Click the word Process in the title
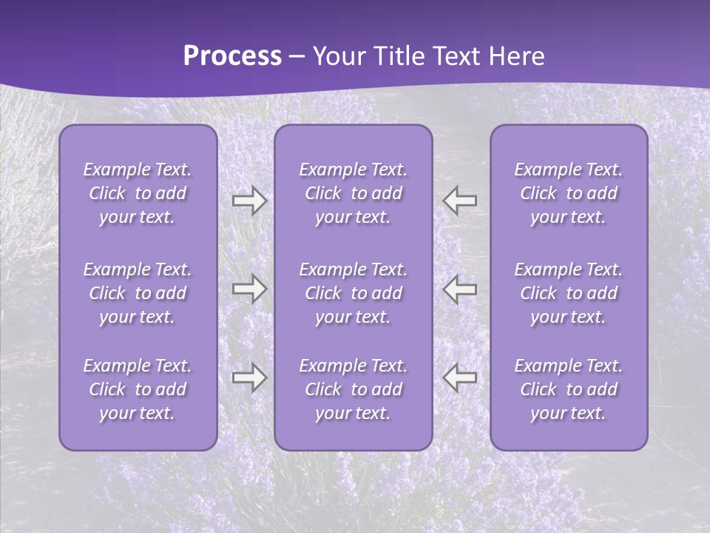(x=232, y=56)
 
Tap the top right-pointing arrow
(x=249, y=200)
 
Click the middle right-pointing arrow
(x=249, y=289)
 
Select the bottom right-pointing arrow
(x=249, y=378)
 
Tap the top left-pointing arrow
(x=460, y=200)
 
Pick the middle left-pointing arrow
(x=460, y=289)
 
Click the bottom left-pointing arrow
(x=460, y=378)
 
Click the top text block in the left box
(x=138, y=193)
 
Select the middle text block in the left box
(x=138, y=293)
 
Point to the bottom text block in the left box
(x=138, y=389)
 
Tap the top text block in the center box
(x=353, y=193)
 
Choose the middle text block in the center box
(x=353, y=293)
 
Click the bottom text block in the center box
(x=353, y=389)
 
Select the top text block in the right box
(x=568, y=193)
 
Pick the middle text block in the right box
(x=568, y=293)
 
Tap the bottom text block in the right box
(x=568, y=389)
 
